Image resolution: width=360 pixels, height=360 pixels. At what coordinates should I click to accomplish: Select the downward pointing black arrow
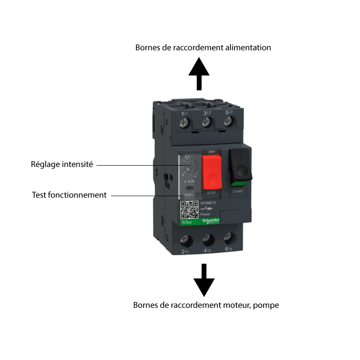point(204,279)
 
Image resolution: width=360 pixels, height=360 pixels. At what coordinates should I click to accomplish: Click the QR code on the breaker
point(189,210)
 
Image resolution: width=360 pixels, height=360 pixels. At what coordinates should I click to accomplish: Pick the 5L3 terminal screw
point(228,121)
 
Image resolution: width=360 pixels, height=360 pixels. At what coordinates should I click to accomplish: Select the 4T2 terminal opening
point(207,238)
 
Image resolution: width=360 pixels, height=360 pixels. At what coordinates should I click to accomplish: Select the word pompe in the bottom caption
point(266,305)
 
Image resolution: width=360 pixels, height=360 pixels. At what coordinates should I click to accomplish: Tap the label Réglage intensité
point(62,164)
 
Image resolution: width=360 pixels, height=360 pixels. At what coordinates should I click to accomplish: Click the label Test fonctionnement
point(69,195)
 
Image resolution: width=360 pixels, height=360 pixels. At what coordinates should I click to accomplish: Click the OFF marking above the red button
point(211,152)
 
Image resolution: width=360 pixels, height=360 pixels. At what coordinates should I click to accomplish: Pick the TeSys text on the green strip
point(185,222)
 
